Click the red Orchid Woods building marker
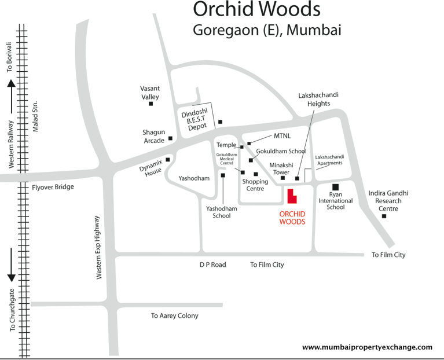[x=291, y=197]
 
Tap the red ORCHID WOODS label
[x=292, y=218]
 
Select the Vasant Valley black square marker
[x=151, y=104]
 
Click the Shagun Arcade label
[x=154, y=137]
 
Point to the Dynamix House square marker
[x=168, y=160]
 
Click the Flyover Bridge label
[x=53, y=187]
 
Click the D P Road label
[x=212, y=265]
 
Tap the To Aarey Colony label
[x=174, y=315]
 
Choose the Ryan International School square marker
[x=335, y=186]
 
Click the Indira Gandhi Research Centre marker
[x=384, y=216]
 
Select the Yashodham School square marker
[x=223, y=175]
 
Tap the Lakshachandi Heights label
[x=314, y=99]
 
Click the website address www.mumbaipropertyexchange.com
[x=367, y=347]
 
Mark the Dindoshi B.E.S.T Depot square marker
[x=220, y=122]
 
